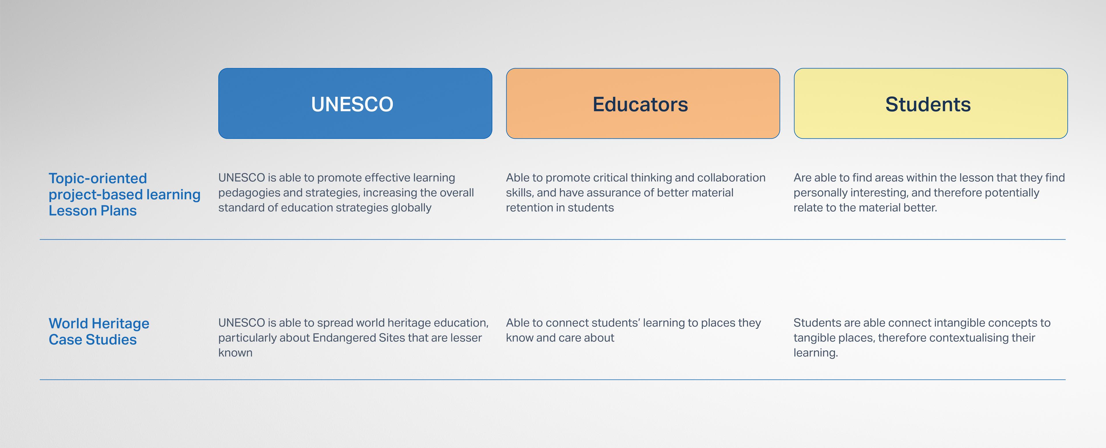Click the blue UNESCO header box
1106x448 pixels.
[355, 103]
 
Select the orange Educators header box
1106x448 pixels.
[643, 103]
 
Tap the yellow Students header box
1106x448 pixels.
[930, 103]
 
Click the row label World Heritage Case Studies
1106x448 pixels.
[99, 331]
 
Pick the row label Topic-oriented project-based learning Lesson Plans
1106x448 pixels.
[124, 194]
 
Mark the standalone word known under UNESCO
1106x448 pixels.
[235, 353]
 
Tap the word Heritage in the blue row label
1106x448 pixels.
[120, 324]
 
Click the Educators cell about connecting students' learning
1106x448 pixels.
[633, 331]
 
